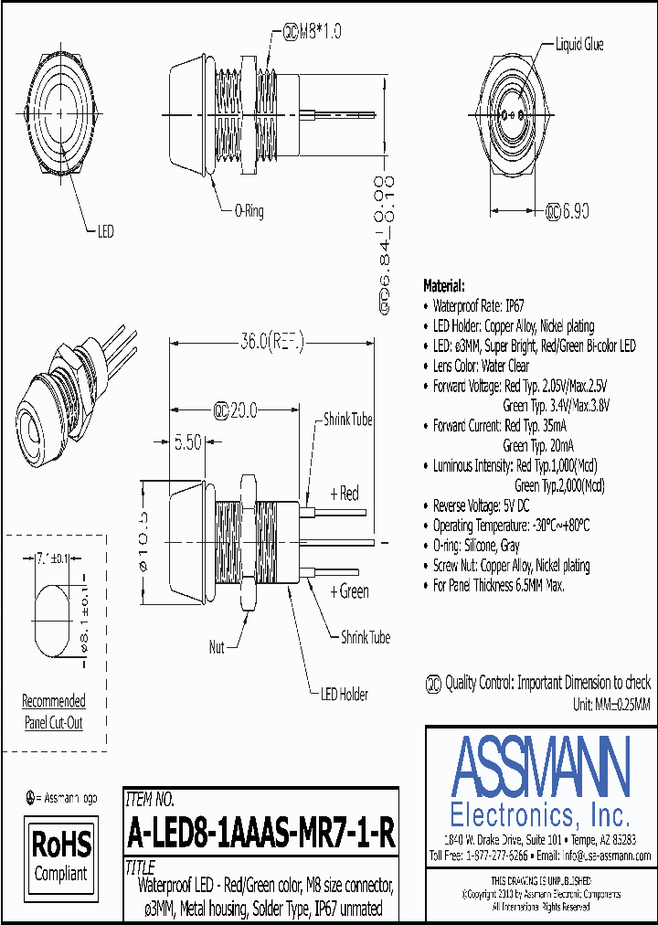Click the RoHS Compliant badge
pyautogui.click(x=62, y=854)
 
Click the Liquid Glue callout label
pyautogui.click(x=579, y=44)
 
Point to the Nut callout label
pyautogui.click(x=217, y=647)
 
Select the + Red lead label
pyautogui.click(x=344, y=494)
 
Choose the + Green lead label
pyautogui.click(x=349, y=591)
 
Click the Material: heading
pyautogui.click(x=444, y=285)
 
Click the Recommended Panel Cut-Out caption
pyautogui.click(x=54, y=712)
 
